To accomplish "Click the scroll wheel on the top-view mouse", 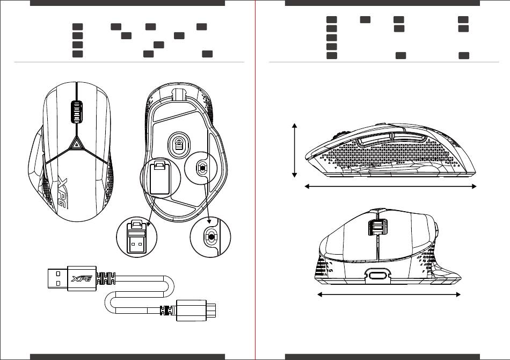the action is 76,112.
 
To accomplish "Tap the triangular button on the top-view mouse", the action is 76,143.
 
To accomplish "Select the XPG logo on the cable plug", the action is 82,279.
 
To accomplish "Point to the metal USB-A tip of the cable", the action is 57,279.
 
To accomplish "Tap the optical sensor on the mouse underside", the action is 179,144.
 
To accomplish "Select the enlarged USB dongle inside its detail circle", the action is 137,237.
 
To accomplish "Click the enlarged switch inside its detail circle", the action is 211,236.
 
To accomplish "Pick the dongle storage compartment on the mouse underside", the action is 159,178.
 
